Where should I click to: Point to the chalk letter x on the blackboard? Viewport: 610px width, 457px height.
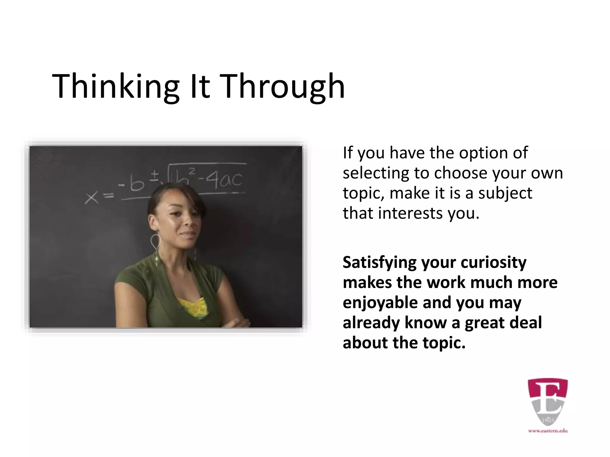click(x=92, y=198)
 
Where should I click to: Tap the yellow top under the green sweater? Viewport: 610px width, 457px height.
click(x=192, y=306)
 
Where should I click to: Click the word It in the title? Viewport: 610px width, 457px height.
click(x=200, y=87)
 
